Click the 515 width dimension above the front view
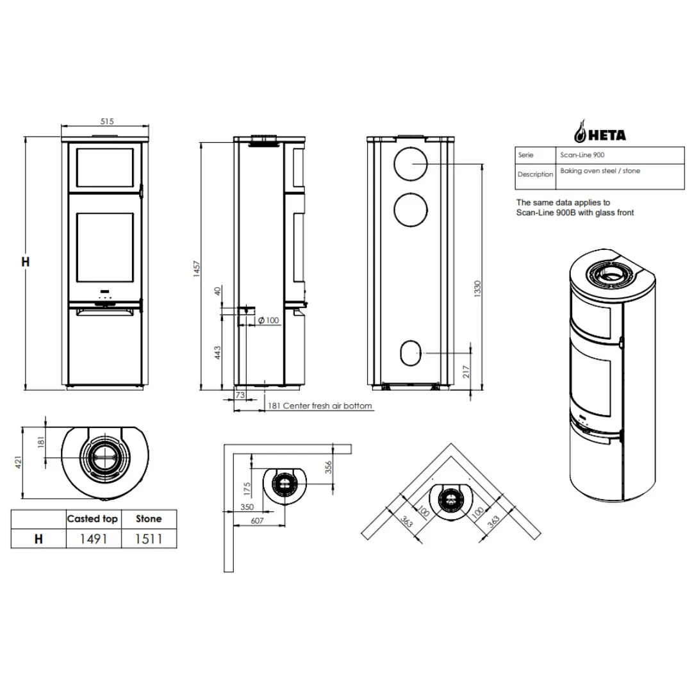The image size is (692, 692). pos(106,120)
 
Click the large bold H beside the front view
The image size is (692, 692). pos(26,261)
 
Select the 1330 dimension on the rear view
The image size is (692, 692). pos(477,288)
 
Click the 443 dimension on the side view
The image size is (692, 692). pos(218,352)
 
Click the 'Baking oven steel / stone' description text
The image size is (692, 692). pos(600,171)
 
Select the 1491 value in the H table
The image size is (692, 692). pos(93,539)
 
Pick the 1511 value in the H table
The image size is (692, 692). pos(149,539)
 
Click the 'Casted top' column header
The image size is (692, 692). pos(92,518)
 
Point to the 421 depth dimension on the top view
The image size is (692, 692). pos(18,461)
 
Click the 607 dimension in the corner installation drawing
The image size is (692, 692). pos(257,521)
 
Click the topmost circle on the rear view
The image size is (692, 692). pos(409,165)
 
